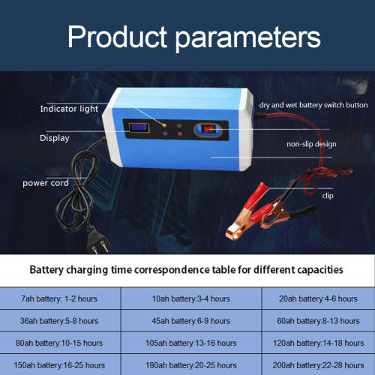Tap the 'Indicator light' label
coord(69,109)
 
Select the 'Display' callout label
coord(55,138)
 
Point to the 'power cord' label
coord(46,182)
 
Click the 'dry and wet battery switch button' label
coord(313,106)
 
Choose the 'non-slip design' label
coord(311,143)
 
